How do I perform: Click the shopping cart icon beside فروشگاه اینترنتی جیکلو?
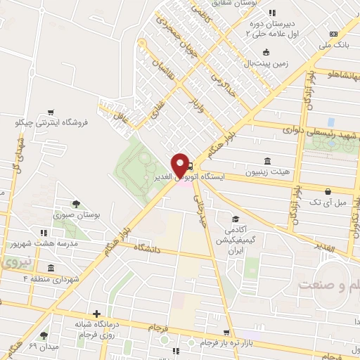[x=50, y=112]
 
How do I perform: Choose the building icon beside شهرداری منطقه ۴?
[x=50, y=268]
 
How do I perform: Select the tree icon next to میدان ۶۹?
[x=44, y=336]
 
